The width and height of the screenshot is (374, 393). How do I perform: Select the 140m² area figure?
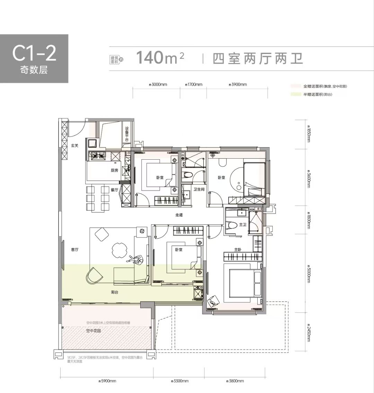(x=160, y=57)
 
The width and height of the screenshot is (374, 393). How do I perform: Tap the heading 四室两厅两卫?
(x=258, y=58)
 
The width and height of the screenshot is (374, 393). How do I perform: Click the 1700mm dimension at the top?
(x=194, y=84)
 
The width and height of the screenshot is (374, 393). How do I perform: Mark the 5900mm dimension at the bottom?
(x=107, y=381)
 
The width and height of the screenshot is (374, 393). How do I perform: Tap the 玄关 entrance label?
(x=75, y=146)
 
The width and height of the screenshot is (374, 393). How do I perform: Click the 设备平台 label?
(x=127, y=133)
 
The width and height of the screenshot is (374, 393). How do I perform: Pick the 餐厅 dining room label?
(x=115, y=190)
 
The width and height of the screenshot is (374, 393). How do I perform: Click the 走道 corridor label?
(x=179, y=215)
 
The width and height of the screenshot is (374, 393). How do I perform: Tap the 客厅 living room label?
(x=75, y=249)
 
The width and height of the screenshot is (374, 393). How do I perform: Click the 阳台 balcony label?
(x=115, y=292)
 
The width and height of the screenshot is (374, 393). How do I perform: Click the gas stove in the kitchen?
(x=98, y=156)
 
